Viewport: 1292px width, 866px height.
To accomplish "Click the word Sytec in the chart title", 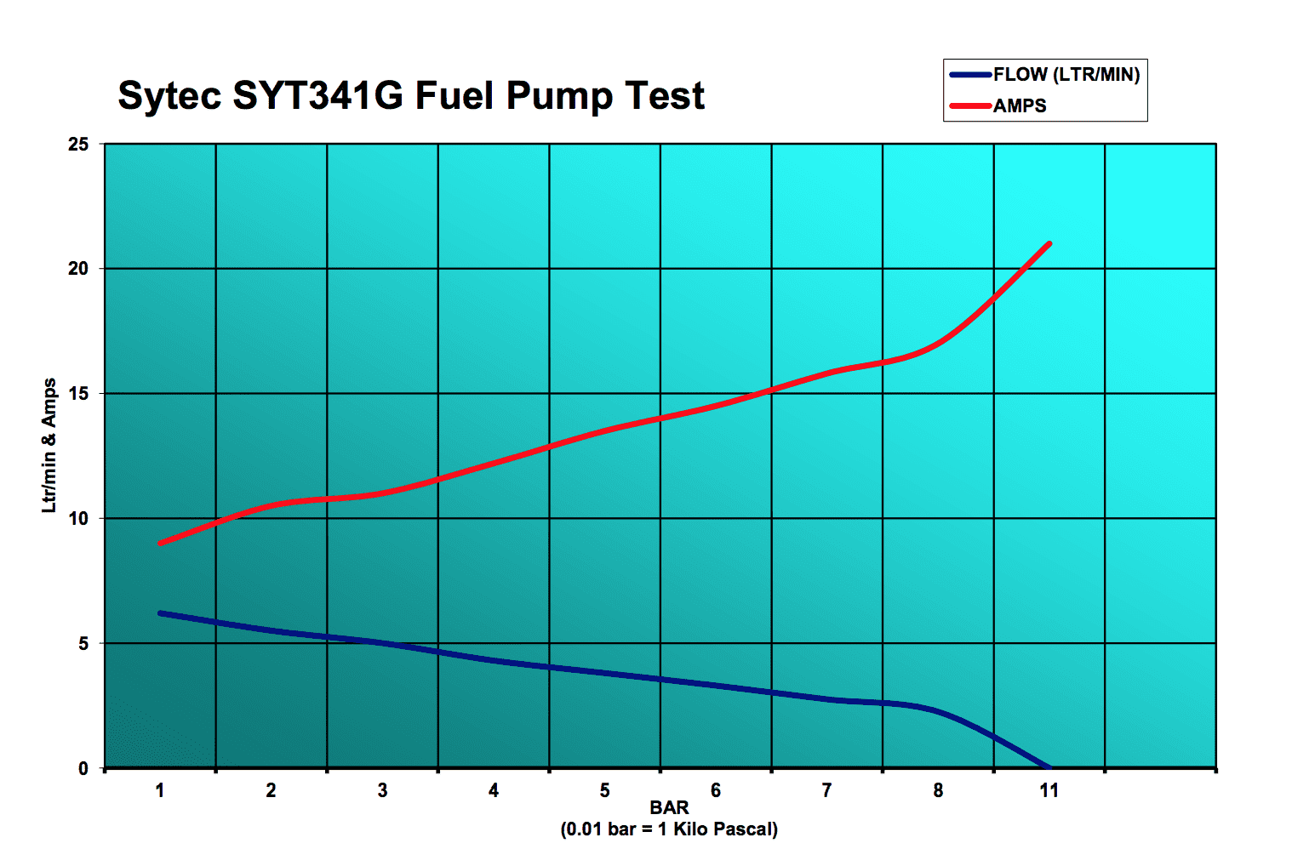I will [169, 96].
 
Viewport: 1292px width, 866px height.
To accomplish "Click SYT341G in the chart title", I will [317, 95].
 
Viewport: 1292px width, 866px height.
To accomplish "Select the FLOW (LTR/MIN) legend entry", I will [1066, 75].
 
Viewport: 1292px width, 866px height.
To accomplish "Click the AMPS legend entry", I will [1019, 106].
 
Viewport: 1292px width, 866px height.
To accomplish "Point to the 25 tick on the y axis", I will [78, 145].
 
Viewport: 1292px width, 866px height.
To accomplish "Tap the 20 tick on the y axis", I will [78, 269].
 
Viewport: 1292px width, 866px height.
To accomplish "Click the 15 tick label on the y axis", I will [78, 394].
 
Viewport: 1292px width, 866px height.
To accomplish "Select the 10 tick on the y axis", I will [78, 519].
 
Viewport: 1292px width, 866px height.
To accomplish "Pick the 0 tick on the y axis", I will [83, 769].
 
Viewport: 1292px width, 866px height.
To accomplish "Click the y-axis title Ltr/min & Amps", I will [49, 445].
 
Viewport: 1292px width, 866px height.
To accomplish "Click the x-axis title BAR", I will [669, 807].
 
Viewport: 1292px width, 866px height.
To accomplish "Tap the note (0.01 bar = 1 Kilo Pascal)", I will [669, 829].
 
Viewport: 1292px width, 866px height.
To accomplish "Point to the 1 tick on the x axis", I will [160, 791].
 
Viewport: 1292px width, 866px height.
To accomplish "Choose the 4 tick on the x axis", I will [494, 791].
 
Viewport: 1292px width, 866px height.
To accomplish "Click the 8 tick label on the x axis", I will [938, 791].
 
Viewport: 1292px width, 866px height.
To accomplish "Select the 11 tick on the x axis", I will [1049, 791].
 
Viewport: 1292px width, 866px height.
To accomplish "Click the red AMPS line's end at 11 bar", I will [1049, 244].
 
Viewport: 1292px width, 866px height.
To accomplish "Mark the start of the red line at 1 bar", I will [161, 543].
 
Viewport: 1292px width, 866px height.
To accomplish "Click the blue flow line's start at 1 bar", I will [161, 612].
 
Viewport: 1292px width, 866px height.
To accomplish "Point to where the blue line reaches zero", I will [1048, 767].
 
